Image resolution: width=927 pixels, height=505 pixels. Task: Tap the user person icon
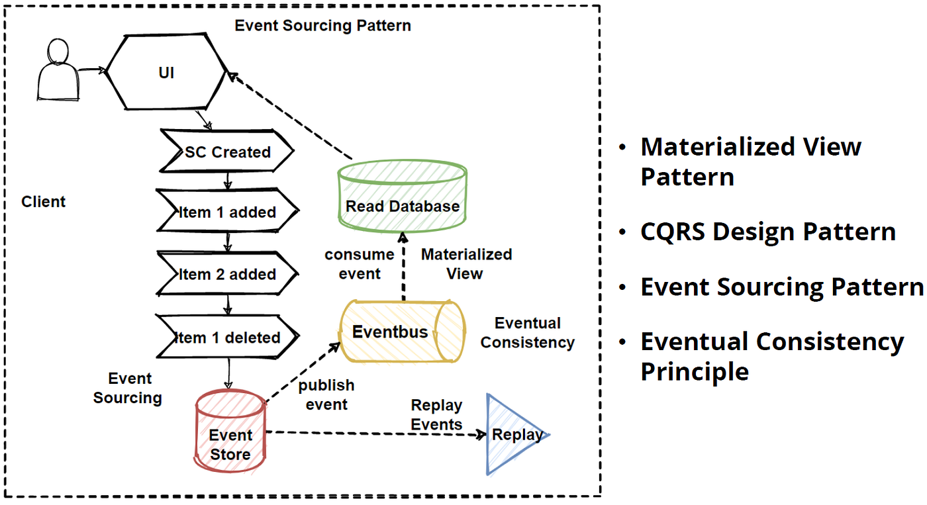[x=58, y=71]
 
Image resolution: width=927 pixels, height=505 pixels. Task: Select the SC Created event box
[x=227, y=152]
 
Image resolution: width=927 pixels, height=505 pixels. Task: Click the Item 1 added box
[x=227, y=212]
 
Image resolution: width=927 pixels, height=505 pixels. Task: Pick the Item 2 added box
[x=227, y=274]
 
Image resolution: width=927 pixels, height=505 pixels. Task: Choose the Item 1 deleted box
[x=227, y=338]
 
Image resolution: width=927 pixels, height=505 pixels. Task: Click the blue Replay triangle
[x=513, y=435]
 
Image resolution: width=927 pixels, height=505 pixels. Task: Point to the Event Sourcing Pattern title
[x=322, y=26]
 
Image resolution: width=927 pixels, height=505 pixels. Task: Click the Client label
[x=44, y=202]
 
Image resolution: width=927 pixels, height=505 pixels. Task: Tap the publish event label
[x=326, y=394]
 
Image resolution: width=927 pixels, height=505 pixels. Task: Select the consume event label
[x=360, y=263]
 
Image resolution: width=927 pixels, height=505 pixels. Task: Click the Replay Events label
[x=436, y=414]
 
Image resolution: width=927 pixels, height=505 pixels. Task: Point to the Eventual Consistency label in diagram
[x=527, y=332]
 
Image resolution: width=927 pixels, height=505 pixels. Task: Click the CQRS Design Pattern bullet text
[x=767, y=232]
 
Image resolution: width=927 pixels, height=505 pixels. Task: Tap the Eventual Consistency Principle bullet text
[x=771, y=356]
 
